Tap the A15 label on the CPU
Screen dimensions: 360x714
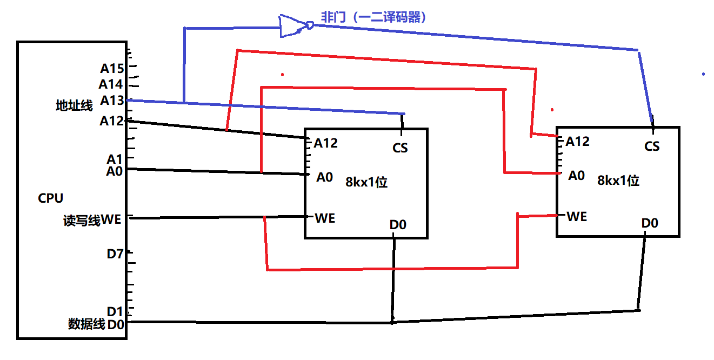point(112,69)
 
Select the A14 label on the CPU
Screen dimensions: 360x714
point(111,84)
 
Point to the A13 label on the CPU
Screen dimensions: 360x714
point(112,101)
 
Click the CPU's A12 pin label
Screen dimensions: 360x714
point(112,121)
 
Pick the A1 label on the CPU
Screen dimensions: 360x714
point(114,159)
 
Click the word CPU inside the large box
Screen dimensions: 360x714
point(51,198)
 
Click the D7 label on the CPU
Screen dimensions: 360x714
point(115,254)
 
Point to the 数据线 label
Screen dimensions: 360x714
point(86,324)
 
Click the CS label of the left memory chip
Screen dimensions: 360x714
point(400,148)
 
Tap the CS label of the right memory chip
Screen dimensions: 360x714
point(652,146)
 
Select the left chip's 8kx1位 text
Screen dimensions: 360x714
point(366,182)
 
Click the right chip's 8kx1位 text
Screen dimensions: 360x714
point(618,181)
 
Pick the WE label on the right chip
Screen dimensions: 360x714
point(577,217)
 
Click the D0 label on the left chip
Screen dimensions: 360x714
point(398,224)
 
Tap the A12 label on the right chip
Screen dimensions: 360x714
point(577,142)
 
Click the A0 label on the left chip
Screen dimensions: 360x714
point(325,177)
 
